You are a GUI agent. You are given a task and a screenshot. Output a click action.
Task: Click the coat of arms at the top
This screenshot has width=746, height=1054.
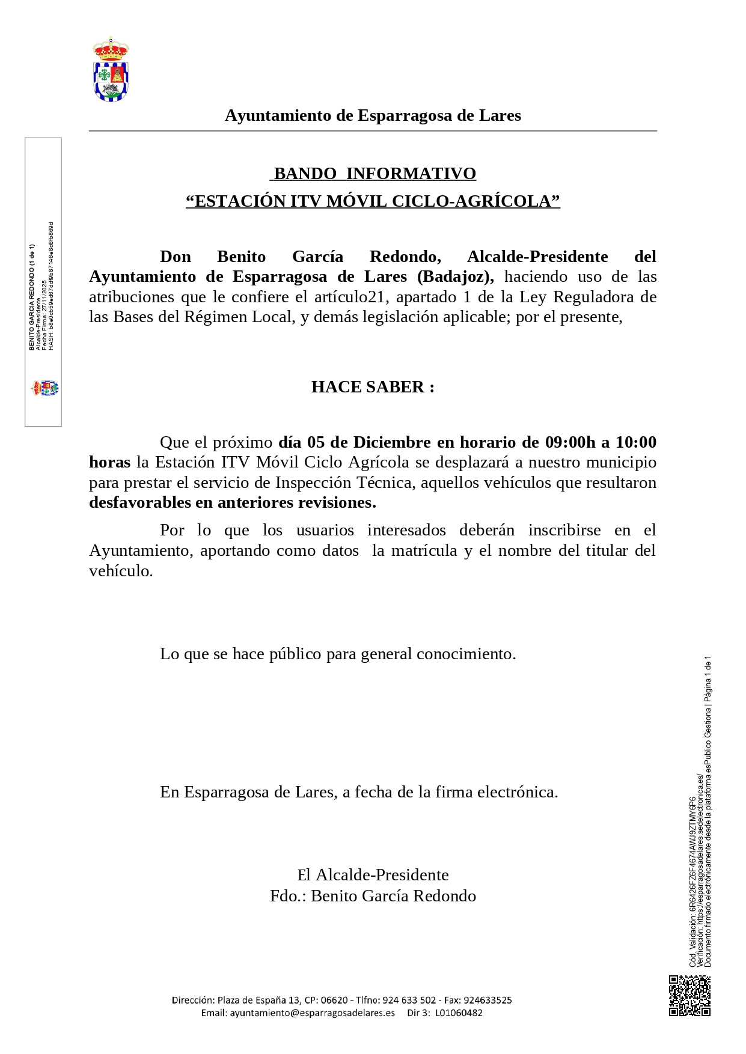point(111,70)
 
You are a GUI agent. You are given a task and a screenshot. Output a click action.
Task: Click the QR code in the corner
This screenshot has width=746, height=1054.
point(689,996)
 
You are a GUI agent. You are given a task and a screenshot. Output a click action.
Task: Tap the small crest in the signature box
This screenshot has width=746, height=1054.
point(45,388)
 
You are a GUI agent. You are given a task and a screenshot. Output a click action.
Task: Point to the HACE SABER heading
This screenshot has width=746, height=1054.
point(373,387)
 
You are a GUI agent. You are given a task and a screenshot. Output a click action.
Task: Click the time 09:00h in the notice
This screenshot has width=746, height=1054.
point(570,442)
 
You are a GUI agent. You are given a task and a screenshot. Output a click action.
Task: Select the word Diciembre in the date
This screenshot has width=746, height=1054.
point(392,442)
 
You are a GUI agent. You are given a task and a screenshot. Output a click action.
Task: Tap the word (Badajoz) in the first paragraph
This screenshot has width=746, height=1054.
point(456,276)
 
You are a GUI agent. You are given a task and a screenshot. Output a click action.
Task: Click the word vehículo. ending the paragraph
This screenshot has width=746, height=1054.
point(121,571)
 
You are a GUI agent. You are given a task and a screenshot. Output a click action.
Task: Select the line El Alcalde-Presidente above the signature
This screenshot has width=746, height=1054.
point(373,875)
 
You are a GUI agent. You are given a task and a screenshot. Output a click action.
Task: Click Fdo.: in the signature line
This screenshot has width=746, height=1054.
point(288,896)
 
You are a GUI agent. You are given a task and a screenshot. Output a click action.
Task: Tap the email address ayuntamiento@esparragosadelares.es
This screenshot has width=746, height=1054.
point(312,1013)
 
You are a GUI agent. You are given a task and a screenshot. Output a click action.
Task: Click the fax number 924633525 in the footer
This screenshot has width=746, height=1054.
point(487,1000)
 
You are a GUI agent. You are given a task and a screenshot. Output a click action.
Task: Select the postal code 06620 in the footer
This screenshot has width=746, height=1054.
point(334,1000)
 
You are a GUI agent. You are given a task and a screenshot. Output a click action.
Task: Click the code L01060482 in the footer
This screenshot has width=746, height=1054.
point(459,1013)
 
